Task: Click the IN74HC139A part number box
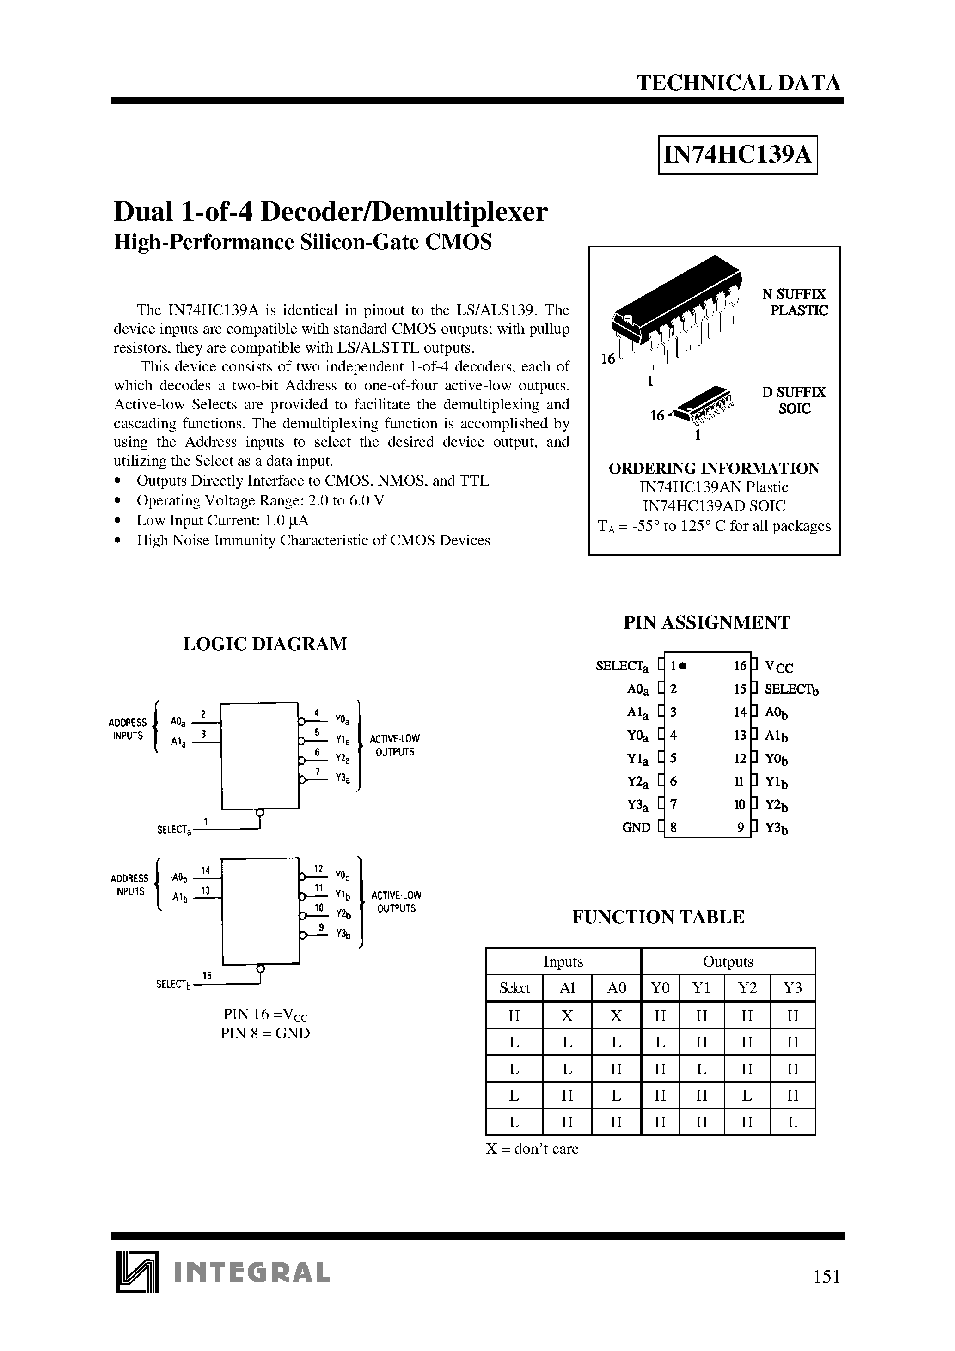pyautogui.click(x=737, y=155)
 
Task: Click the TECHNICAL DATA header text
pyautogui.click(x=739, y=83)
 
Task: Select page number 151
pyautogui.click(x=826, y=1276)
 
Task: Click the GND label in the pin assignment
pyautogui.click(x=636, y=828)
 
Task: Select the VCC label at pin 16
pyautogui.click(x=778, y=667)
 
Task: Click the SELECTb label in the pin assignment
pyautogui.click(x=791, y=689)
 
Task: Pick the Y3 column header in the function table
pyautogui.click(x=792, y=987)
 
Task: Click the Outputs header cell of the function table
pyautogui.click(x=728, y=962)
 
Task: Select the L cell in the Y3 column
pyautogui.click(x=792, y=1122)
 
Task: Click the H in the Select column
pyautogui.click(x=514, y=1016)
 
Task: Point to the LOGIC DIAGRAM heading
pyautogui.click(x=265, y=644)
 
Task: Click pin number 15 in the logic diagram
pyautogui.click(x=207, y=975)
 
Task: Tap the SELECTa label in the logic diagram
pyautogui.click(x=174, y=830)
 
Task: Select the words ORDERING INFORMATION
pyautogui.click(x=714, y=469)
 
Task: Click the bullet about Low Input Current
pyautogui.click(x=222, y=521)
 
